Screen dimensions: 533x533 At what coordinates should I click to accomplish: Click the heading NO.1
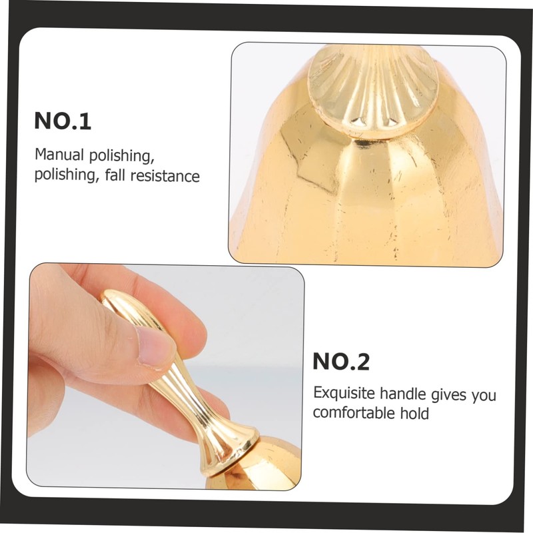(63, 121)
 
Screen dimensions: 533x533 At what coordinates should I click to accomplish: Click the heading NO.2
(341, 361)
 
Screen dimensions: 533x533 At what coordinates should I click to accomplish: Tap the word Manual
(59, 155)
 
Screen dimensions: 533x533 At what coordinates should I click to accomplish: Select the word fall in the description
(115, 175)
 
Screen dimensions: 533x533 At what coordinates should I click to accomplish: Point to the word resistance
(165, 176)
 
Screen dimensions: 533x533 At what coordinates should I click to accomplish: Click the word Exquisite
(344, 393)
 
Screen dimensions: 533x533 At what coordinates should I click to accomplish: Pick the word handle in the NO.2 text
(403, 394)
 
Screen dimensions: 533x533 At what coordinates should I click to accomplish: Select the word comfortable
(354, 412)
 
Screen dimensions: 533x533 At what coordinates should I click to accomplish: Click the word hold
(414, 413)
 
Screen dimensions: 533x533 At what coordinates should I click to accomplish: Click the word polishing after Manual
(119, 156)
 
